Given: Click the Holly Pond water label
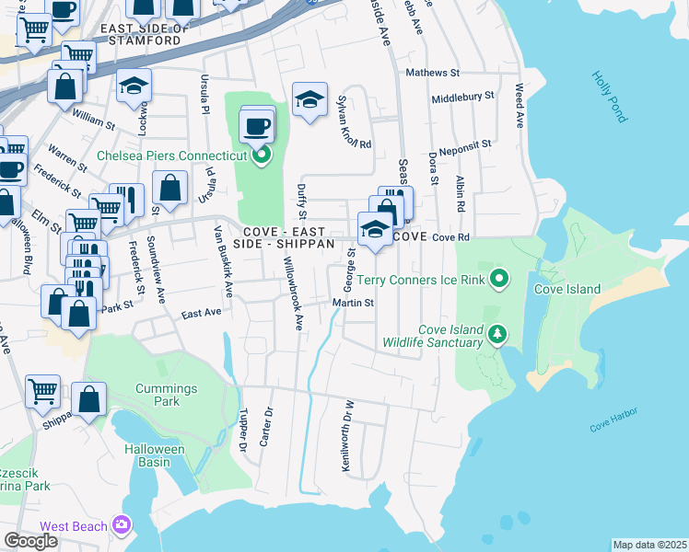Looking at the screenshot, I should pyautogui.click(x=609, y=98).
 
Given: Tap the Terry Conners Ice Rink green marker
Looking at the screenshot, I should pyautogui.click(x=499, y=277).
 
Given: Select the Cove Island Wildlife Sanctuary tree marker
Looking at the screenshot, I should pyautogui.click(x=497, y=333).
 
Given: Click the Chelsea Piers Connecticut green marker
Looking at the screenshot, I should pyautogui.click(x=262, y=155).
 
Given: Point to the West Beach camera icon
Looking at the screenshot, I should pyautogui.click(x=121, y=525).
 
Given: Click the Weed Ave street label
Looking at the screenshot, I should pyautogui.click(x=520, y=106).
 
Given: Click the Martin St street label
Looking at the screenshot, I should pyautogui.click(x=353, y=303).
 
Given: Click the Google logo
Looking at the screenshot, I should pyautogui.click(x=31, y=541).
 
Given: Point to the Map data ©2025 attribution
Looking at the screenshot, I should pyautogui.click(x=649, y=545).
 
